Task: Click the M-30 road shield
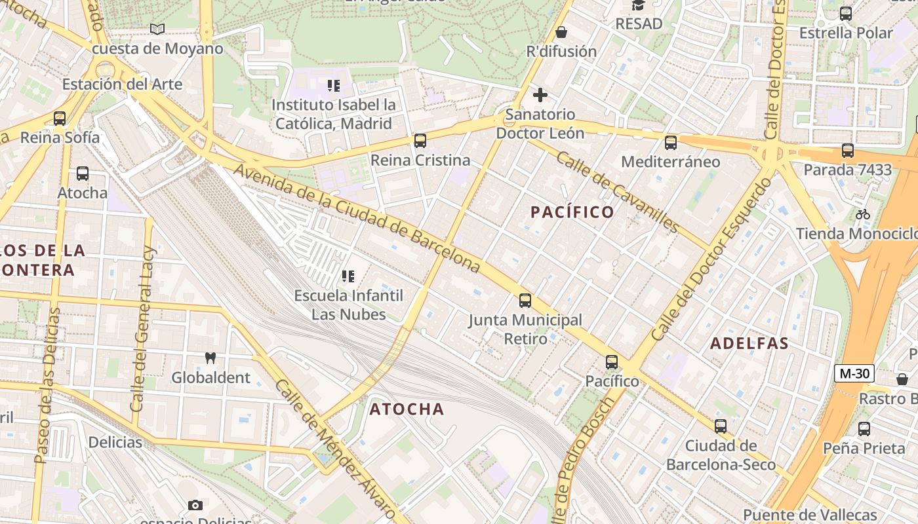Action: tap(854, 374)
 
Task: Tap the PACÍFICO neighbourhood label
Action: tap(572, 212)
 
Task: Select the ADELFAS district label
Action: tap(749, 344)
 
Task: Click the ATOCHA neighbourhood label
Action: tap(407, 409)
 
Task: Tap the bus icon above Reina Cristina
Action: tap(420, 141)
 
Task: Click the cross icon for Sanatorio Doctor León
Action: tap(540, 96)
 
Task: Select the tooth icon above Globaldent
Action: tap(210, 358)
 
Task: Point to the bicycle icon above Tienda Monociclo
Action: tap(863, 214)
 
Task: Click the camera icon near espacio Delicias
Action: tap(195, 505)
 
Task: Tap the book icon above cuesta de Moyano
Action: tap(157, 29)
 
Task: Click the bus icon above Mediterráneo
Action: tap(670, 142)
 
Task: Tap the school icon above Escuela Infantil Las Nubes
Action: tap(348, 276)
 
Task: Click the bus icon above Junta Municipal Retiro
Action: tap(525, 301)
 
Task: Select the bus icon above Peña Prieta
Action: tap(864, 429)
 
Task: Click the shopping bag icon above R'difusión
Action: tap(561, 31)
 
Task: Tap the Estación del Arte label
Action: tap(122, 84)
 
